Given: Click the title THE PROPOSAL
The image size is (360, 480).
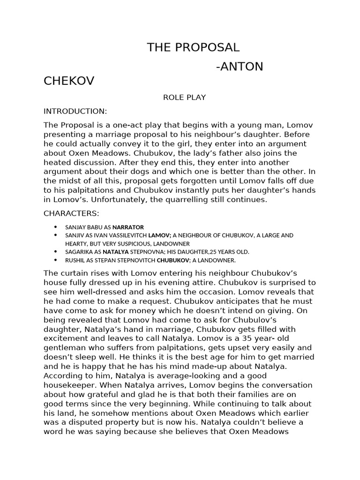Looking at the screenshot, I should [193, 47].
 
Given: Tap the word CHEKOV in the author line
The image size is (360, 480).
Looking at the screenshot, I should [69, 81].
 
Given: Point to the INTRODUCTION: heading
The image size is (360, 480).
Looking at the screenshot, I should [75, 111].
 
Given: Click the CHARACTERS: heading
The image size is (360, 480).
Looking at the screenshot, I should [71, 213].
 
